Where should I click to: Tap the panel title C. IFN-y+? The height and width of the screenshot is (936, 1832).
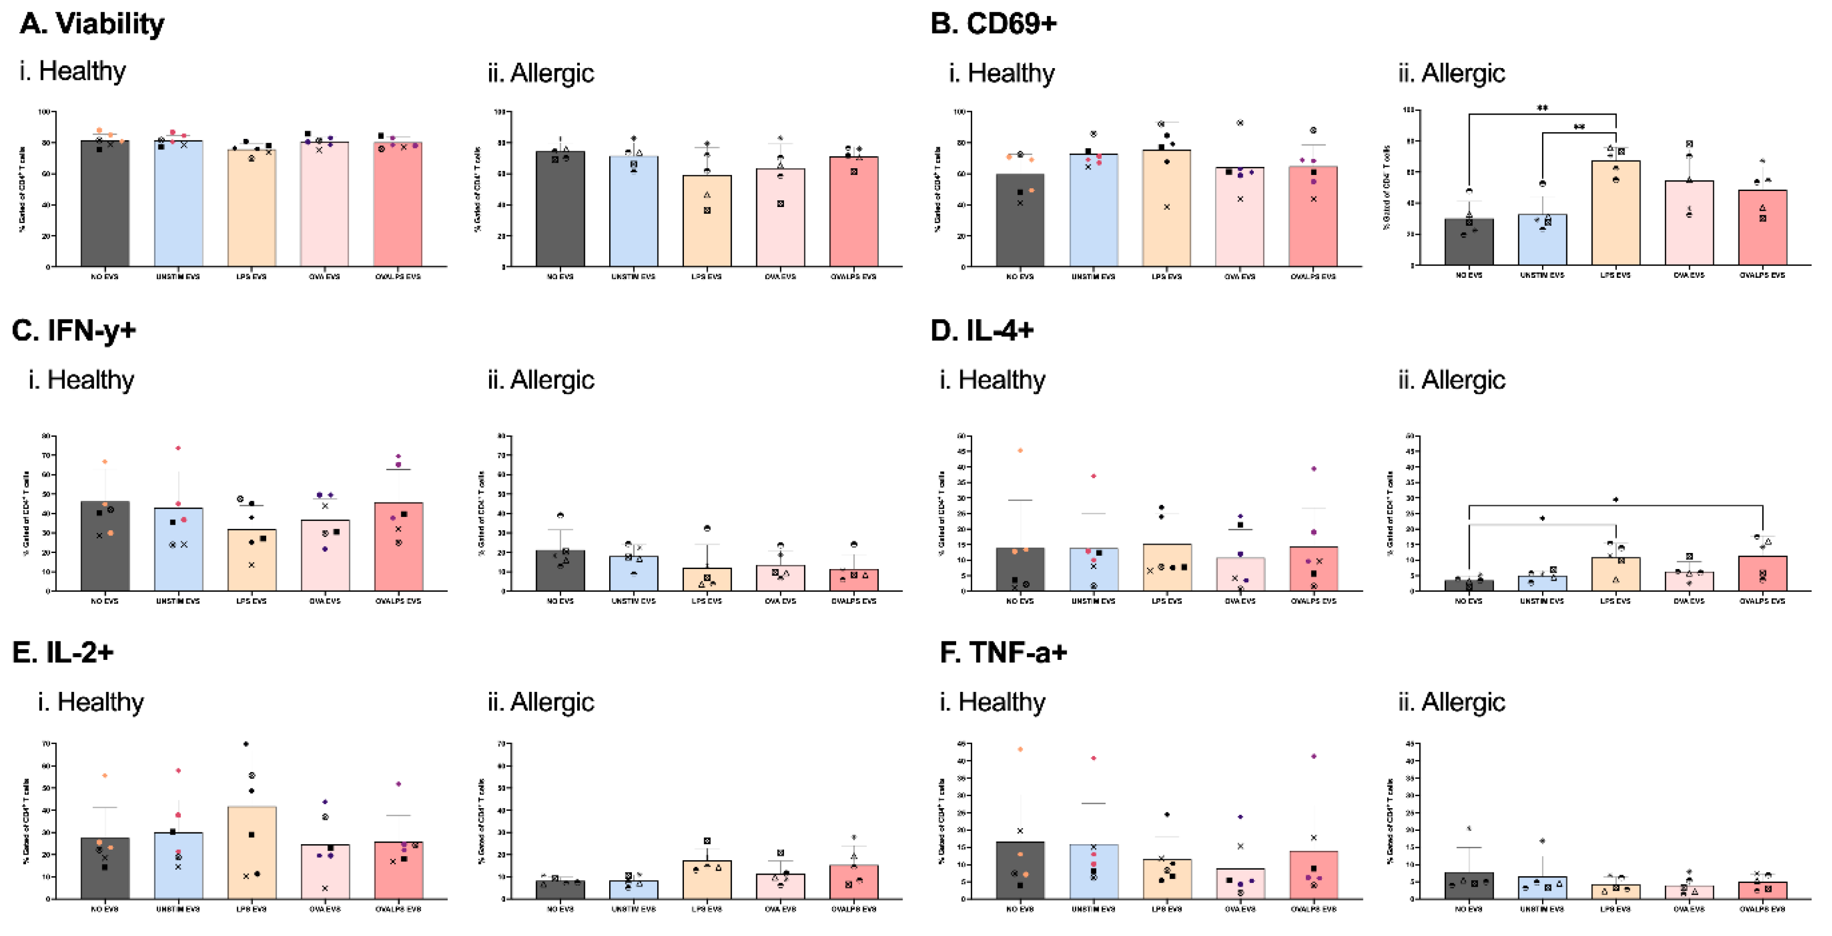pos(74,331)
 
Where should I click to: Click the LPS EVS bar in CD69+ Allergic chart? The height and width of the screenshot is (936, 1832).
pos(1615,213)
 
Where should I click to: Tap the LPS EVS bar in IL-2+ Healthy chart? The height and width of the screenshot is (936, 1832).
pos(252,853)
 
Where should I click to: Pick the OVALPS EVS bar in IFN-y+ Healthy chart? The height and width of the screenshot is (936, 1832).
pos(398,547)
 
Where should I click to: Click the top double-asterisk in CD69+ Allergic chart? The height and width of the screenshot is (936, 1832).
pos(1542,108)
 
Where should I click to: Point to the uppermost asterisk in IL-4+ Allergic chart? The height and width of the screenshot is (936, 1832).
pos(1615,500)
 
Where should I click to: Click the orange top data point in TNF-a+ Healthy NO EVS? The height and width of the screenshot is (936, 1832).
pos(1020,749)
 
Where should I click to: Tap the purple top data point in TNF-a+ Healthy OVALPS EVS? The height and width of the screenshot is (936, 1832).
pos(1314,756)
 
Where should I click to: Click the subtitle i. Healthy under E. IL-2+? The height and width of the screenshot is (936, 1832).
pos(91,702)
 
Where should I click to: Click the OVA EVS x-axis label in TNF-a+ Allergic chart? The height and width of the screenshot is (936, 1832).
pos(1688,909)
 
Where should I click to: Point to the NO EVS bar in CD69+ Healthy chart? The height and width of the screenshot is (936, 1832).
pos(1020,220)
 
